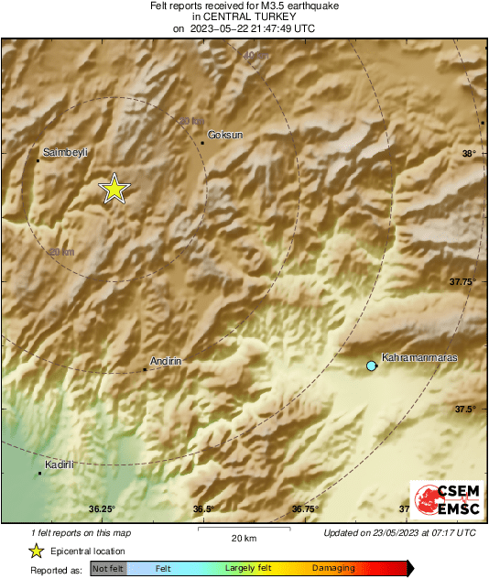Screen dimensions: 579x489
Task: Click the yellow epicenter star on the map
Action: [114, 189]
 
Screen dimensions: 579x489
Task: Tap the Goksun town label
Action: [225, 135]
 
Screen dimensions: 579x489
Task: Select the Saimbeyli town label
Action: [64, 153]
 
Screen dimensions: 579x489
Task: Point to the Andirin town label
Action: [167, 362]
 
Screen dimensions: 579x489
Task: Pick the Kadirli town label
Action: [60, 464]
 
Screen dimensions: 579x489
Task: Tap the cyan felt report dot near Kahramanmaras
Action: [371, 366]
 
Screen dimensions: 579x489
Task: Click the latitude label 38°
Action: [469, 154]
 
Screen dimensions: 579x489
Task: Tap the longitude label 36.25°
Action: [102, 509]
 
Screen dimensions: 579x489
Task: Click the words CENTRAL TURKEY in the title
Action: [244, 16]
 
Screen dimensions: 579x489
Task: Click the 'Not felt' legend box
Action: [108, 569]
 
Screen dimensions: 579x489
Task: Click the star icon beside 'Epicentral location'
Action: [36, 551]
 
